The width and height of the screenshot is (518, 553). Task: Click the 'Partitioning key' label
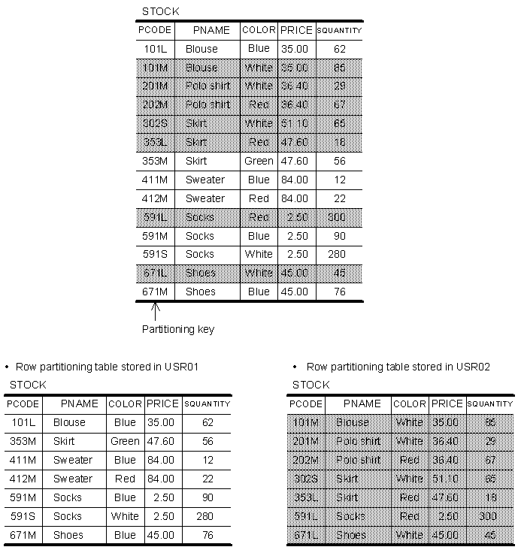point(177,329)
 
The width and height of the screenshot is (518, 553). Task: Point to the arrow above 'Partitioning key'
point(154,310)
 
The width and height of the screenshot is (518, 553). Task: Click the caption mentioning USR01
point(106,367)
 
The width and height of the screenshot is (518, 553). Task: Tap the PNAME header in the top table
point(211,30)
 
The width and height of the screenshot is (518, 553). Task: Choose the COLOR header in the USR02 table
point(409,403)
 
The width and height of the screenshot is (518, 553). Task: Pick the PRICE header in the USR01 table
point(162,403)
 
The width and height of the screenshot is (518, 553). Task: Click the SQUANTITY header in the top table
point(339,30)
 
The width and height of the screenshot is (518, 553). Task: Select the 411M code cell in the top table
point(155,180)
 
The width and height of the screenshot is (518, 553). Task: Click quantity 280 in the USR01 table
point(208,516)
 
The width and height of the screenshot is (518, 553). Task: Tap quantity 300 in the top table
point(336,217)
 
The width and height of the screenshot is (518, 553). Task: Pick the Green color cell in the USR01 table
point(125,441)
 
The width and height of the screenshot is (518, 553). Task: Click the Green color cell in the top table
point(259,161)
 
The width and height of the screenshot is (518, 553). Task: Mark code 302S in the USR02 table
point(305,479)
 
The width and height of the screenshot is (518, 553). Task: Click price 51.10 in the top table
point(294,123)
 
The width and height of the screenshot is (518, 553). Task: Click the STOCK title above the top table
point(160,12)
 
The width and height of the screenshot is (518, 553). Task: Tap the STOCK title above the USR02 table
point(310,385)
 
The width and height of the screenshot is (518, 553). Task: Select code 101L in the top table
point(155,49)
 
